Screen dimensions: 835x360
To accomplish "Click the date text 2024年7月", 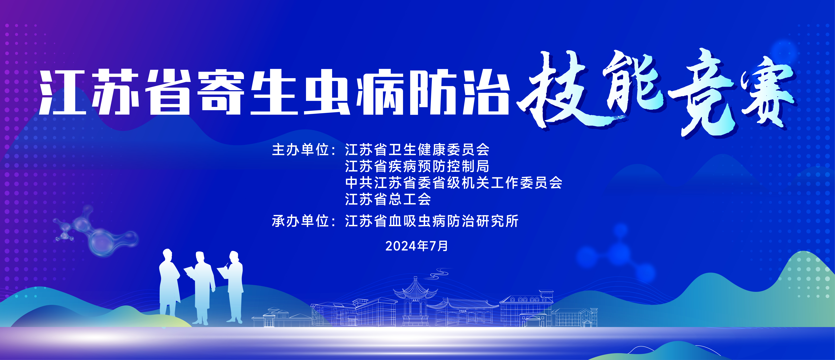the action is click(x=417, y=246).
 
